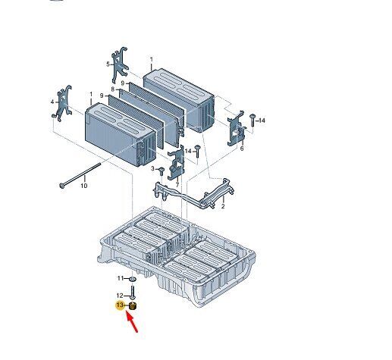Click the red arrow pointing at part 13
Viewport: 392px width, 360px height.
tap(132, 322)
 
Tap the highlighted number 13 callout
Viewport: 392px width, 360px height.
tap(120, 305)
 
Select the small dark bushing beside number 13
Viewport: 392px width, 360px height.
tap(133, 306)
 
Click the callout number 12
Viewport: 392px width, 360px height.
tap(120, 296)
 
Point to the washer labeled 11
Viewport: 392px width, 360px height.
tap(133, 279)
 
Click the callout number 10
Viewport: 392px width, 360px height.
tap(84, 186)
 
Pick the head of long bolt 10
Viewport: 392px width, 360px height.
tap(61, 186)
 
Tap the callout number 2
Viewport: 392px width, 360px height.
tap(223, 206)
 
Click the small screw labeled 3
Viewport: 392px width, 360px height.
tap(161, 172)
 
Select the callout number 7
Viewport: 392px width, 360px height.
tap(177, 185)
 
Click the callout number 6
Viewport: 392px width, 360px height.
tap(242, 149)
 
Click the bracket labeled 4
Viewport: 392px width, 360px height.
tap(64, 103)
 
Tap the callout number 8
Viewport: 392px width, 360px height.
tap(113, 89)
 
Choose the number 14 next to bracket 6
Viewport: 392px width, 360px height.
tap(262, 121)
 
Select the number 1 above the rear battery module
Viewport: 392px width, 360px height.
tap(152, 60)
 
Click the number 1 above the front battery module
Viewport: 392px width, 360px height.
tap(91, 94)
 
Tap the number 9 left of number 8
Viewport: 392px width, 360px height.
tap(102, 95)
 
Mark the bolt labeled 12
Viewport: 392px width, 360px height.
tap(133, 292)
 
